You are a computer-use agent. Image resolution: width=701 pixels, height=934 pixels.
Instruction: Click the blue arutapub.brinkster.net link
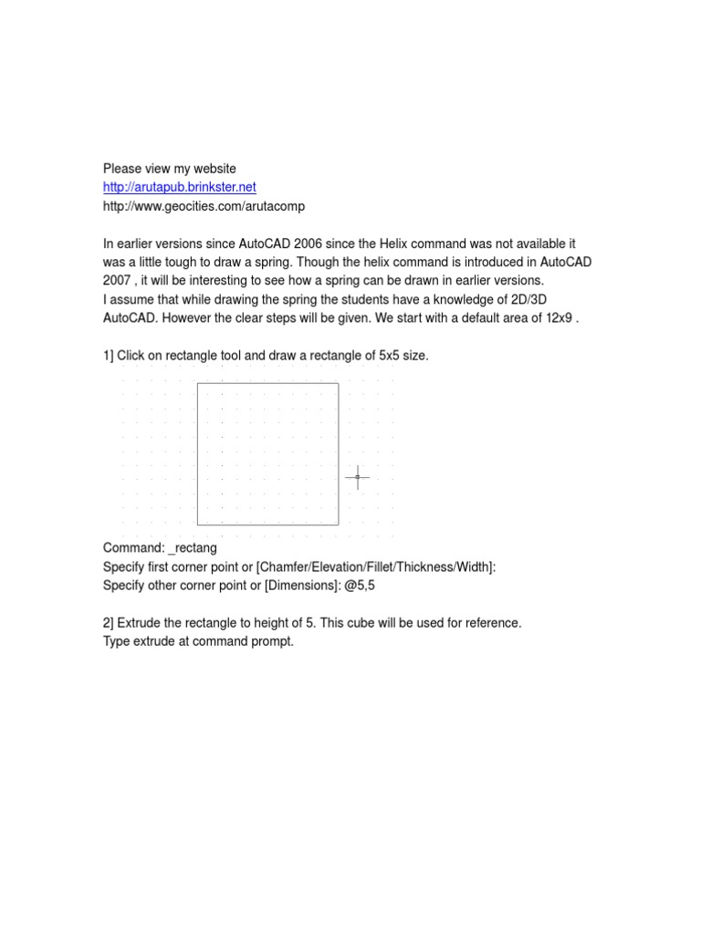click(x=180, y=187)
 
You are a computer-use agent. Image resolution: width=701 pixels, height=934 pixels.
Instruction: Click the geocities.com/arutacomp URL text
click(x=204, y=206)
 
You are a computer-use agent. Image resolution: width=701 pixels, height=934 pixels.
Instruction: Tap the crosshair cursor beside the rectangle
click(x=357, y=476)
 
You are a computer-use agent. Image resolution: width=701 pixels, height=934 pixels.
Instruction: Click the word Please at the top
click(x=123, y=169)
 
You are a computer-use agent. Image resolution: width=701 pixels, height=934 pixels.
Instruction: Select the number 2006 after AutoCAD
click(x=309, y=244)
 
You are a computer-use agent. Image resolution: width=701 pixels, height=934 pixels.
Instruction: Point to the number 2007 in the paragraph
click(x=119, y=280)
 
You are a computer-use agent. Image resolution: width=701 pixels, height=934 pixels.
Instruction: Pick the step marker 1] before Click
click(x=109, y=356)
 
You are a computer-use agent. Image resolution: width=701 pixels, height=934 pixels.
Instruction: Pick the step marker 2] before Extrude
click(x=109, y=623)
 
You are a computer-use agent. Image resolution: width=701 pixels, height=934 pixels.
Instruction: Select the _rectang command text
click(x=193, y=549)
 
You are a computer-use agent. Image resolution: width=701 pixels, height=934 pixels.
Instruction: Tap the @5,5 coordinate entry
click(x=359, y=586)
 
